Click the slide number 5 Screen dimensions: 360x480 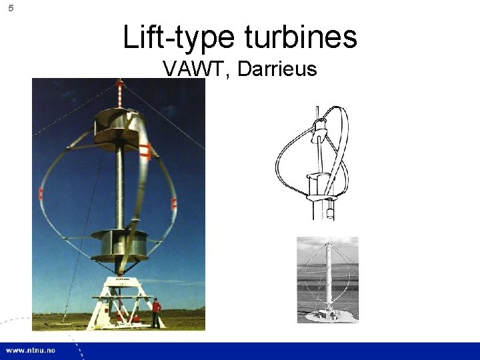pyautogui.click(x=10, y=8)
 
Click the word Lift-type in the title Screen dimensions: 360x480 pyautogui.click(x=175, y=37)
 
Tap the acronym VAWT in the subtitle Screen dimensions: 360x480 pyautogui.click(x=193, y=69)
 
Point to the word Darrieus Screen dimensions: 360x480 pyautogui.click(x=277, y=69)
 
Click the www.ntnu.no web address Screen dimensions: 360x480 pyautogui.click(x=32, y=350)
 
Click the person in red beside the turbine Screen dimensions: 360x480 pyautogui.click(x=156, y=313)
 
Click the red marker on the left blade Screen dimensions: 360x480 pyautogui.click(x=41, y=194)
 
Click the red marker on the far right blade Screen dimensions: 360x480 pyautogui.click(x=174, y=203)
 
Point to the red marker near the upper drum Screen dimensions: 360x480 pyautogui.click(x=148, y=150)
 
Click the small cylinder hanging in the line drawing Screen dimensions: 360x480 pyautogui.click(x=331, y=213)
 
